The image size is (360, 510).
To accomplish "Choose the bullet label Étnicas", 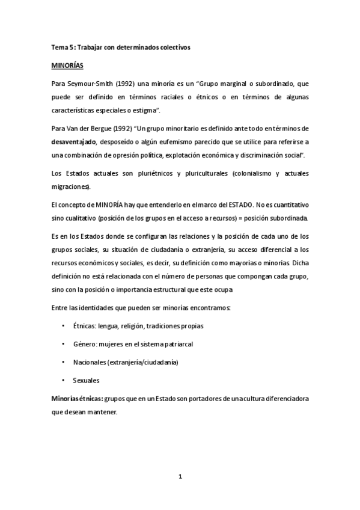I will pyautogui.click(x=86, y=327).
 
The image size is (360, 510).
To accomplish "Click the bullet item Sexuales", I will pyautogui.click(x=86, y=380).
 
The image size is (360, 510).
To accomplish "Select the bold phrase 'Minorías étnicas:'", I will pyautogui.click(x=76, y=399).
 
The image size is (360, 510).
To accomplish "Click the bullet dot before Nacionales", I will pyautogui.click(x=64, y=362).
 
